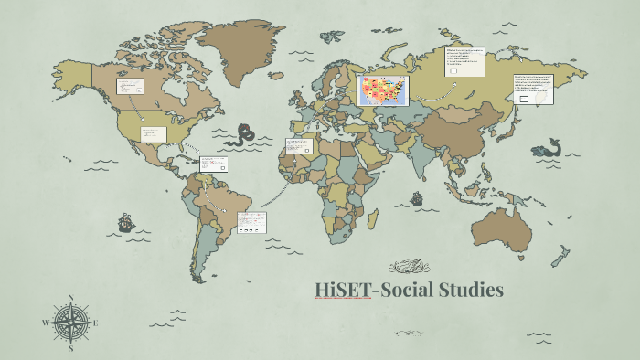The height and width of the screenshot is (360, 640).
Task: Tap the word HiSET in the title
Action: [x=342, y=291]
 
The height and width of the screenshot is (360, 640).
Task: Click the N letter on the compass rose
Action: [x=70, y=299]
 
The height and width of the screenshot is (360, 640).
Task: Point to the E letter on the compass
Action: [x=95, y=323]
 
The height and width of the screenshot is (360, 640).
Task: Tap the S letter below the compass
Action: [x=70, y=347]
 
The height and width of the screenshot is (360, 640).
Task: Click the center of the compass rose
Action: [x=70, y=323]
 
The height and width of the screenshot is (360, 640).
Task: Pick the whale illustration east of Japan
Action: [x=547, y=145]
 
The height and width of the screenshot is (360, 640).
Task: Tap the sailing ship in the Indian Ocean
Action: [x=416, y=197]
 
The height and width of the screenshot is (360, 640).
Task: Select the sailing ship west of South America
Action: [x=125, y=222]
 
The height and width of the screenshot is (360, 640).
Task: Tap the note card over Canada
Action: [x=131, y=87]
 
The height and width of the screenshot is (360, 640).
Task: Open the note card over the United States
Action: [x=153, y=133]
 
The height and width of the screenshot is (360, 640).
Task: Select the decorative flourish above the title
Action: [x=409, y=267]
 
